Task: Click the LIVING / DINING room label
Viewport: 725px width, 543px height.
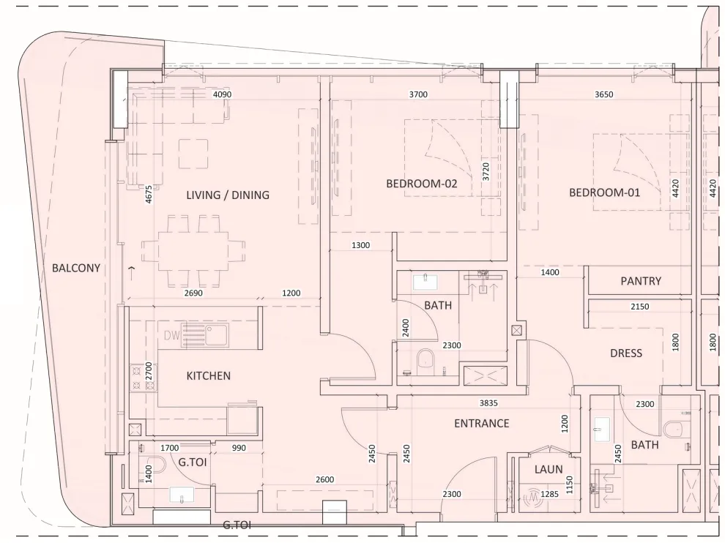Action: (x=228, y=195)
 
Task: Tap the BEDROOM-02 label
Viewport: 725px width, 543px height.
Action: (x=421, y=184)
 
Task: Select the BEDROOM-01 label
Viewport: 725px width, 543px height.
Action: (x=605, y=193)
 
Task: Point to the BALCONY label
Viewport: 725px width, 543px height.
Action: (x=76, y=269)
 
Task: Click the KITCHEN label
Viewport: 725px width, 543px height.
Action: (x=208, y=376)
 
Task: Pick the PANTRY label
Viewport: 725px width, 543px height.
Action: (x=640, y=281)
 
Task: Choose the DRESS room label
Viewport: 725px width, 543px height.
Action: (x=625, y=353)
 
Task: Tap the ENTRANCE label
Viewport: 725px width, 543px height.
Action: (x=481, y=424)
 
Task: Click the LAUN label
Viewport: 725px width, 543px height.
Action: (x=549, y=470)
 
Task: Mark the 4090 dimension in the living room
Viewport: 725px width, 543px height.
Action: (x=222, y=94)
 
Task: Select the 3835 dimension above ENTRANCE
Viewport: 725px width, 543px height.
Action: (x=489, y=403)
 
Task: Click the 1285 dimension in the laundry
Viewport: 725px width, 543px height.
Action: (x=551, y=495)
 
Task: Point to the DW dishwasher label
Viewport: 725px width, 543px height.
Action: (x=172, y=336)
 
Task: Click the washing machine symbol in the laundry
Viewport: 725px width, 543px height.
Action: (x=531, y=498)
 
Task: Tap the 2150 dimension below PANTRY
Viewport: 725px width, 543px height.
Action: (x=639, y=307)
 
